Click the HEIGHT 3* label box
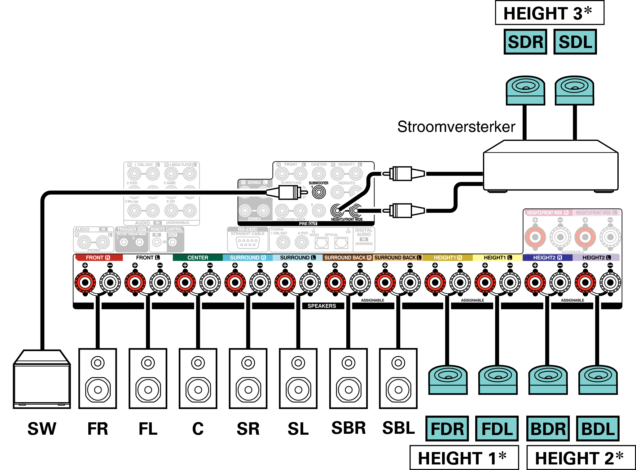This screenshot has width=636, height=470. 549,13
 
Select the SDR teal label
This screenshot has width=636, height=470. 525,42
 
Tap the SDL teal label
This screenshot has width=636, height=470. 575,42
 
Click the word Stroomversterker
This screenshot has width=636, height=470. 456,127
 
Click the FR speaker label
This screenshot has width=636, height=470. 98,429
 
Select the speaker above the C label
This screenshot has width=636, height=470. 198,378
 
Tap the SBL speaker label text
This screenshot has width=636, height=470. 398,428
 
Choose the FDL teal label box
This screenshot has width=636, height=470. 497,429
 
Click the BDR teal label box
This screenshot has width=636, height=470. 548,429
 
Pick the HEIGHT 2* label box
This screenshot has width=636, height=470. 581,458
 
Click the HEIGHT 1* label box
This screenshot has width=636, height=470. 464,458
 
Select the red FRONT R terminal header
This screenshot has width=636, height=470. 98,258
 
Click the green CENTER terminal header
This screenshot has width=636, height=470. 198,258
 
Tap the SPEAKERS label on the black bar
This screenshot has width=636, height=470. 322,306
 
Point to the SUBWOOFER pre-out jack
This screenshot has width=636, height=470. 319,192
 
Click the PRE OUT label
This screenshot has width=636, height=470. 308,224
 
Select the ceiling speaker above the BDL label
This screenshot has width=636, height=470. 598,380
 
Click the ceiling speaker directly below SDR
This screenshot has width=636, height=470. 525,90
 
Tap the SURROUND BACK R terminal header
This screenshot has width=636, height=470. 347,258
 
